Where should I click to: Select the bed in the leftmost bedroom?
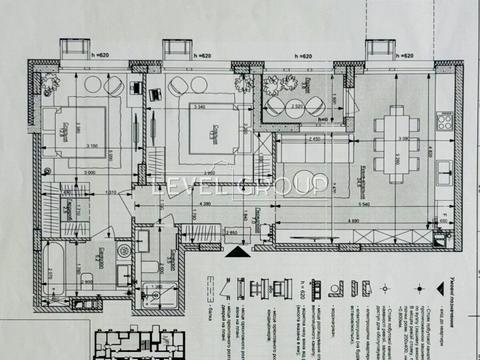(x=73, y=129)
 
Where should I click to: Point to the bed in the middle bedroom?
(x=212, y=128)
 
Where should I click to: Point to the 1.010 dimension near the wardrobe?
(x=113, y=190)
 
